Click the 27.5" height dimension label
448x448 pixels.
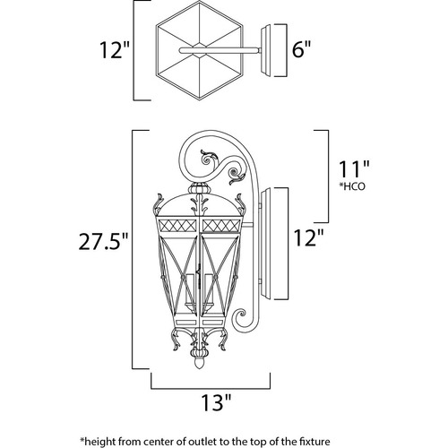tap(104, 241)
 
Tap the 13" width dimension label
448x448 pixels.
tap(216, 402)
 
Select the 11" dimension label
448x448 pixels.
tap(354, 169)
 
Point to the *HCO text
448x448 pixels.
tap(352, 186)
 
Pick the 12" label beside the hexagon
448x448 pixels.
tap(115, 50)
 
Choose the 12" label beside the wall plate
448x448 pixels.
tap(309, 237)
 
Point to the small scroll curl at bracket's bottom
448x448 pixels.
tap(240, 316)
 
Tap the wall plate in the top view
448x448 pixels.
tap(266, 51)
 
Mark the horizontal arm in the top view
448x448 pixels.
tap(220, 51)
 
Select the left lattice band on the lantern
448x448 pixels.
tap(177, 226)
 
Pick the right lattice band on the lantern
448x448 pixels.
tap(221, 226)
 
